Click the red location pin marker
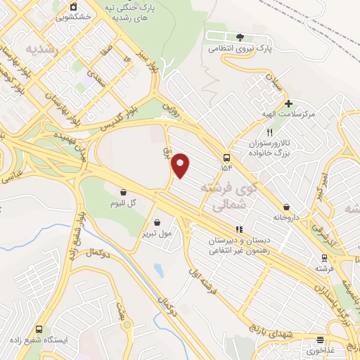[x=181, y=165]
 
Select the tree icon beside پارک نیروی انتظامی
[x=240, y=37]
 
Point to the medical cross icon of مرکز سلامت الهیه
[x=288, y=103]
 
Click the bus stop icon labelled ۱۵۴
[x=226, y=157]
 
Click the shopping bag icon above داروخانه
[x=287, y=207]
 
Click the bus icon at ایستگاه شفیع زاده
[x=38, y=329]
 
